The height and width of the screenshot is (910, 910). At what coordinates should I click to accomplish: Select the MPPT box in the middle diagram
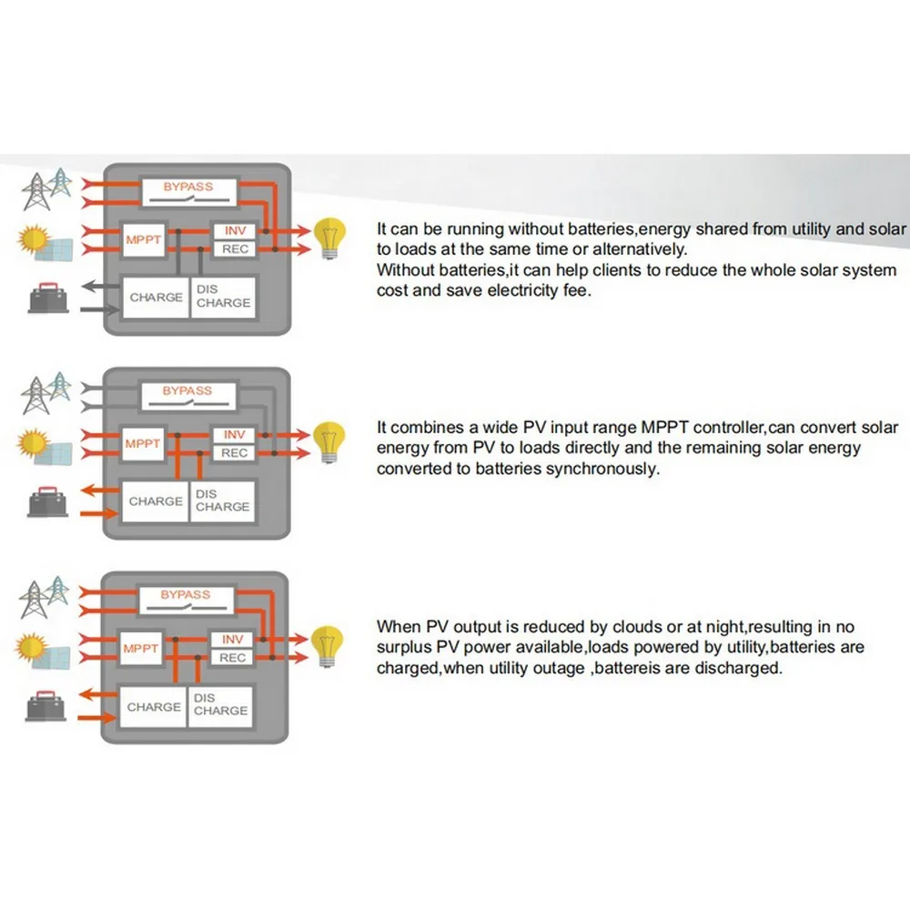click(x=142, y=444)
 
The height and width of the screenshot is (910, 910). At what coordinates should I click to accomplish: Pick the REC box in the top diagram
click(x=234, y=248)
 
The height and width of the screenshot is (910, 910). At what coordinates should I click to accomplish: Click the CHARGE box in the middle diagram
click(x=156, y=501)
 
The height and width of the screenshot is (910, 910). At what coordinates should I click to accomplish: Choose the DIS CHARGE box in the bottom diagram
click(x=220, y=705)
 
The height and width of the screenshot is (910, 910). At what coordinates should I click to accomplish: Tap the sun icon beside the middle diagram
click(x=34, y=443)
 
